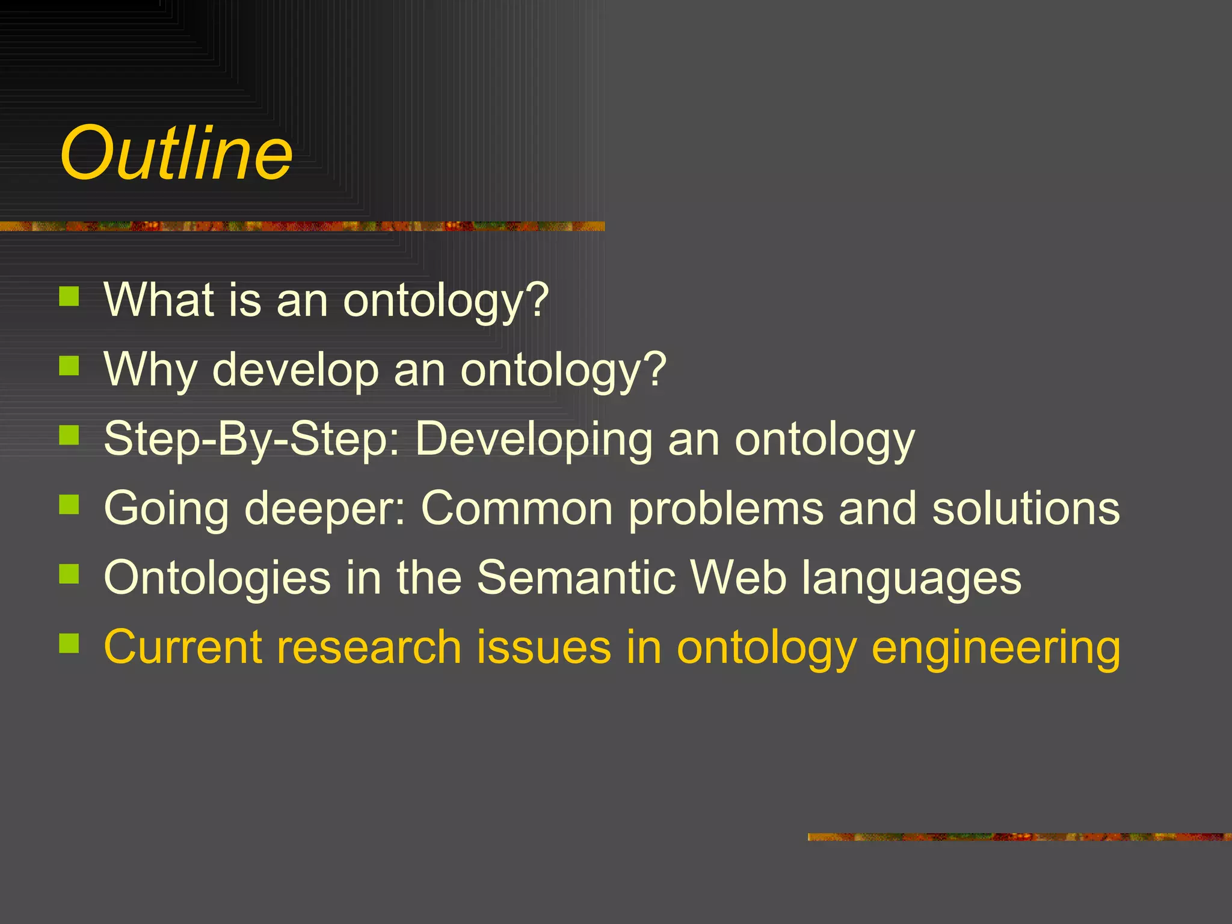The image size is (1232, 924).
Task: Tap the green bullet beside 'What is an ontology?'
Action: pos(69,296)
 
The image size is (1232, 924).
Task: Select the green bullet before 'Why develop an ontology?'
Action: pos(69,365)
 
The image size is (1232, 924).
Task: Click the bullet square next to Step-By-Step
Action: pos(69,434)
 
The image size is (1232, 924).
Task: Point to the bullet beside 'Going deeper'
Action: pos(69,504)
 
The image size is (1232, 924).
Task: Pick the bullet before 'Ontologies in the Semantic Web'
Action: pos(69,574)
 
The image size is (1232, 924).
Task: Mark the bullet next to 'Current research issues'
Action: pos(69,643)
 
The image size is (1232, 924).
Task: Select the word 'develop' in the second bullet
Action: pos(295,369)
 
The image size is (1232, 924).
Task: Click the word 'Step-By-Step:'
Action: pos(252,439)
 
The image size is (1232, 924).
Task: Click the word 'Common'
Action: pos(517,508)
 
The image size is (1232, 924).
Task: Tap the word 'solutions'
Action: pos(1026,508)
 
